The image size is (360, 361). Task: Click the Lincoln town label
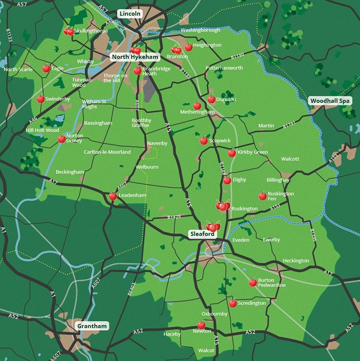[130, 13]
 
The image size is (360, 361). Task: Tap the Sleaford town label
[202, 234]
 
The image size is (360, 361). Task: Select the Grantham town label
[92, 326]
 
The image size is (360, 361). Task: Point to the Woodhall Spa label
[330, 101]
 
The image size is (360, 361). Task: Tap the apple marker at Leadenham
[113, 196]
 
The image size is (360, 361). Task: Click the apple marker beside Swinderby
[41, 99]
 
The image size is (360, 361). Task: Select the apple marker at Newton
[202, 325]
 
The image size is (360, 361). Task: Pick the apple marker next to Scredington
[233, 303]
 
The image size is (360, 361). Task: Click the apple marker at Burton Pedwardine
[253, 282]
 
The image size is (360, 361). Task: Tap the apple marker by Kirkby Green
[232, 153]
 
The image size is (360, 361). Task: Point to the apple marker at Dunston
[211, 99]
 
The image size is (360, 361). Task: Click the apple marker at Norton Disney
[62, 139]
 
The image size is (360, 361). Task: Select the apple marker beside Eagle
[46, 68]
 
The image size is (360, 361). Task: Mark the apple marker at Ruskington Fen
[262, 196]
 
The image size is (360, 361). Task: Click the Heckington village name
[296, 261]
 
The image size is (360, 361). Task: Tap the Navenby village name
[157, 143]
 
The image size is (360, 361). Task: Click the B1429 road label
[174, 218]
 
